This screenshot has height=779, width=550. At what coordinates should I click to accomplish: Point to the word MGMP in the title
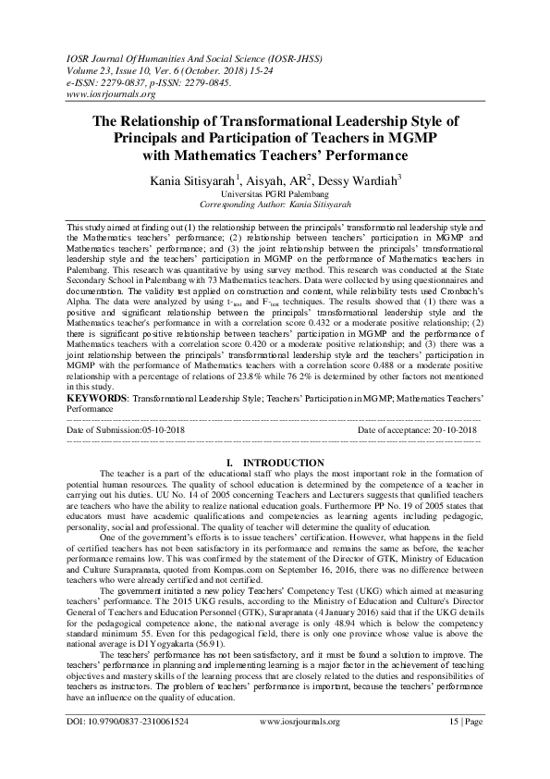coord(411,137)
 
